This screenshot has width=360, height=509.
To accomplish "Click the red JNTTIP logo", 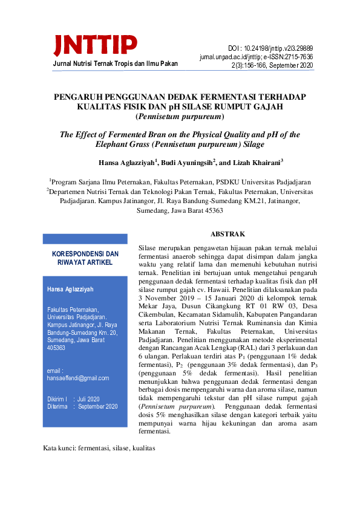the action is coord(95,44).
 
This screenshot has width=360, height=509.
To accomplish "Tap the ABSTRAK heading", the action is coord(227,233).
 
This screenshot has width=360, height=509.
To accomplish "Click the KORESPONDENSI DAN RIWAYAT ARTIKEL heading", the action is coord(85,258).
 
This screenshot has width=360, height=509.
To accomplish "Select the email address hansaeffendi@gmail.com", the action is coord(78,378).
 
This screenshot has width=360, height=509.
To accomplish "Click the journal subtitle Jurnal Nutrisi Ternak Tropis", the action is coord(94,63).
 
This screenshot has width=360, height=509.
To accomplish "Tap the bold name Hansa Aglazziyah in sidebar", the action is coord(70,290).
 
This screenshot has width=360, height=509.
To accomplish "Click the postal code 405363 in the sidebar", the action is coord(56,348).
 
